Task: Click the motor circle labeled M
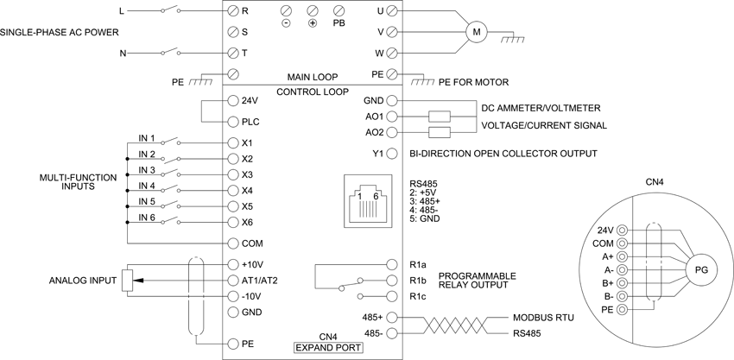coord(477,32)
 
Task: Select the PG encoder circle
coord(702,269)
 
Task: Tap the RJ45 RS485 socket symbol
coord(368,201)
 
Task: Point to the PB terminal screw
coord(339,10)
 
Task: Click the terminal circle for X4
coord(234,191)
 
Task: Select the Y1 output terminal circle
coord(392,153)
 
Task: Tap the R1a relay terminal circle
coord(392,264)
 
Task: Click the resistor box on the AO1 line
coord(440,116)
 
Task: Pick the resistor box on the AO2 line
coord(440,132)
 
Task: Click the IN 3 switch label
coord(147,169)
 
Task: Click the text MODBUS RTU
coord(543,318)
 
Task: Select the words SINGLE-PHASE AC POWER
coord(60,32)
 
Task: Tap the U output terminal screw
coord(392,10)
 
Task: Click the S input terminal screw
coord(234,32)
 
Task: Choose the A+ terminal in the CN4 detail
coord(622,256)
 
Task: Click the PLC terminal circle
coord(234,123)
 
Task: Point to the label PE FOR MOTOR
coord(474,82)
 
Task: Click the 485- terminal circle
coord(392,333)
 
